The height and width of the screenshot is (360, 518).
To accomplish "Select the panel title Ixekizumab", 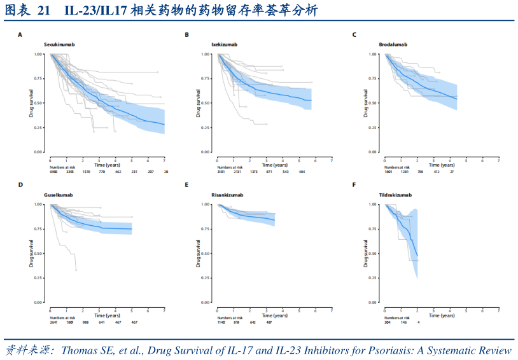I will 225,45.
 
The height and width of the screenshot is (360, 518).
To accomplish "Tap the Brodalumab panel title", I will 393,45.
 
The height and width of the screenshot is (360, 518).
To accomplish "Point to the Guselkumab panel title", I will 59,195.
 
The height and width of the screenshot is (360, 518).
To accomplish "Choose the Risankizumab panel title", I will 227,195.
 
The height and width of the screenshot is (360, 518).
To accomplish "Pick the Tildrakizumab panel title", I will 395,195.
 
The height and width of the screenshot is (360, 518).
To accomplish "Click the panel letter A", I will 20,34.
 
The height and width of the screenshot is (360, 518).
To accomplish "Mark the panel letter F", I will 354,185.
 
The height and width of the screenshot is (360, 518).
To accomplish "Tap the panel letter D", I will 20,185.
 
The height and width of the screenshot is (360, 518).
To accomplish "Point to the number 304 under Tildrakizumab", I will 386,322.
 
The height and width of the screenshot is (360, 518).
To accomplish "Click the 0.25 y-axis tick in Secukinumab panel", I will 38,128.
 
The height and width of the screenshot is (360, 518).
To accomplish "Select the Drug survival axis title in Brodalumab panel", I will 366,102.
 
